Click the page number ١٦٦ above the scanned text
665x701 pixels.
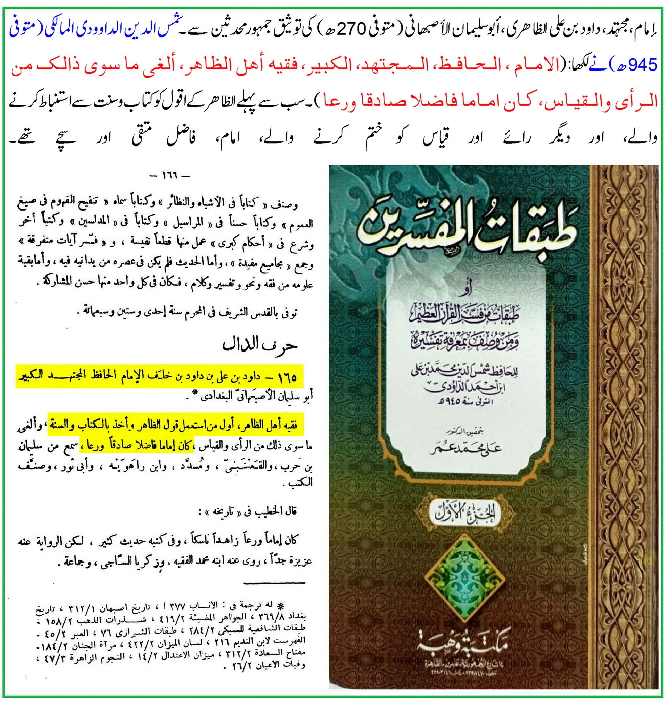(170, 176)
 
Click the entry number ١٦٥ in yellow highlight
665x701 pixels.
(286, 376)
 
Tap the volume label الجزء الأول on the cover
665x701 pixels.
(466, 514)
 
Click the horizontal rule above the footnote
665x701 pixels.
(274, 583)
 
